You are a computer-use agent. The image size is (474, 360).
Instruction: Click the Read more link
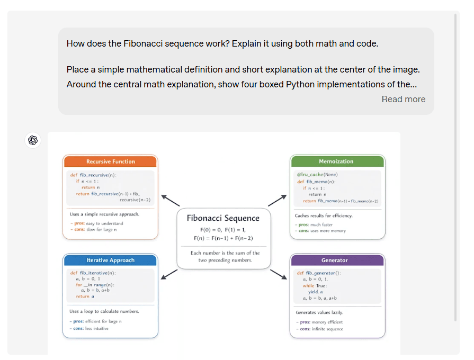[403, 99]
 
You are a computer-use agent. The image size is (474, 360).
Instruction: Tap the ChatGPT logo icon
[33, 140]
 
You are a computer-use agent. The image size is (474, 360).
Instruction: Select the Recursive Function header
[110, 161]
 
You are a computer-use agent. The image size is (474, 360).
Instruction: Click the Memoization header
[336, 161]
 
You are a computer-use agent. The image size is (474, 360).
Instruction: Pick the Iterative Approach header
[110, 260]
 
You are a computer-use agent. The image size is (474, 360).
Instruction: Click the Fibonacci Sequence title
[223, 218]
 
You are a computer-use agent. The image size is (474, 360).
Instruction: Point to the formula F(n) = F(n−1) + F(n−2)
[223, 238]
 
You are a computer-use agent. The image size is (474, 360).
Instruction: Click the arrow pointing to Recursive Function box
[171, 200]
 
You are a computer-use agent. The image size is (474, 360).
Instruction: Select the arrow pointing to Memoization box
[277, 200]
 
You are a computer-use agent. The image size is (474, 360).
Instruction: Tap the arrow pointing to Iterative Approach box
[169, 273]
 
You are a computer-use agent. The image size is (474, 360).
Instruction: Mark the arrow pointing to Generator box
[278, 274]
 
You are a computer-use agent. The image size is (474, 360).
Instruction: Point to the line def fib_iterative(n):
[93, 273]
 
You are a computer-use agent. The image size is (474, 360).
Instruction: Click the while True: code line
[315, 285]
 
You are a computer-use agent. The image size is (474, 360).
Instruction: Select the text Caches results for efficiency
[324, 215]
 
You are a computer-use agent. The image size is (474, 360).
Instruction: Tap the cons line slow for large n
[94, 230]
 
